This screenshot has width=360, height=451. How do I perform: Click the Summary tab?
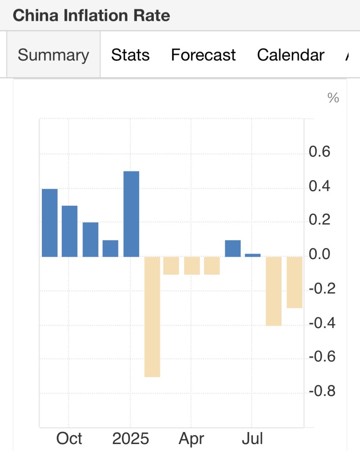tap(53, 55)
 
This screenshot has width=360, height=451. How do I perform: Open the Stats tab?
tap(130, 55)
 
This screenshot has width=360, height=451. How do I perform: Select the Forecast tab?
tap(203, 55)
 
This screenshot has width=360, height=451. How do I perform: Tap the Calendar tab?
tap(290, 55)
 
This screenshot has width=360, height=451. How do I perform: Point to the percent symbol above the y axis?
tap(333, 98)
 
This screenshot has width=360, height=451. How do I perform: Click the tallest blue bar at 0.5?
tap(131, 214)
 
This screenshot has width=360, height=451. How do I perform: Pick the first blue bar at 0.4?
tap(50, 222)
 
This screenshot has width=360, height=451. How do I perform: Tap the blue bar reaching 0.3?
tap(70, 231)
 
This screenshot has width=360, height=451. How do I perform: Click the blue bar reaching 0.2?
tap(90, 239)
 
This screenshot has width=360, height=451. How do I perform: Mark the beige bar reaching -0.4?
tap(273, 291)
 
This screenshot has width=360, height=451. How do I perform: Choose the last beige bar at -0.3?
tap(294, 282)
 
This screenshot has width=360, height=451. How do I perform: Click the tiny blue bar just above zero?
tap(253, 255)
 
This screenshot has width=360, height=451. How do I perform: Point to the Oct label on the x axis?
tap(69, 439)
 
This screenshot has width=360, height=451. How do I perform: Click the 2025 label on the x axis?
tap(130, 439)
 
